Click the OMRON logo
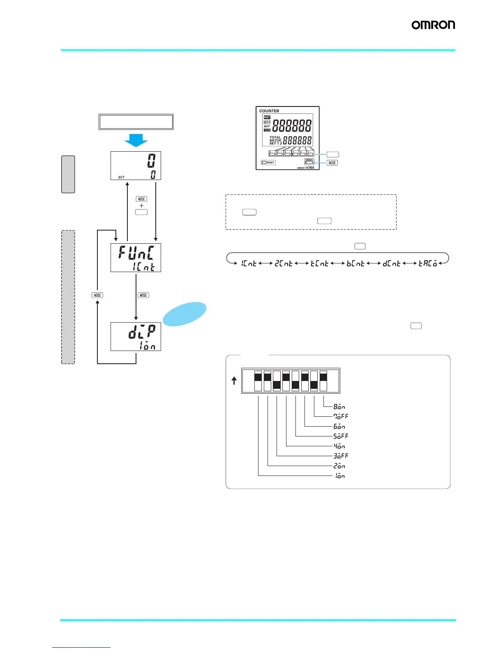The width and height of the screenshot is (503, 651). (433, 25)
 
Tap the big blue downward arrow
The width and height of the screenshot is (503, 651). (136, 140)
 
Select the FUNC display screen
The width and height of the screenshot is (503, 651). (136, 258)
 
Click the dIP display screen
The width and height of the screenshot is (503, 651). (136, 337)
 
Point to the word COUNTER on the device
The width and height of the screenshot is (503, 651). (269, 111)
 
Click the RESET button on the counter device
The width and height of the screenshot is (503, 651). (268, 162)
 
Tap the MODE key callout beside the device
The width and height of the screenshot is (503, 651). (332, 163)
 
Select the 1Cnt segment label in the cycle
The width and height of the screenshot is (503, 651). (249, 263)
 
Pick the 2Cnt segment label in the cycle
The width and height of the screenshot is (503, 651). (284, 263)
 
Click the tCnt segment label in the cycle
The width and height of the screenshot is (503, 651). (319, 263)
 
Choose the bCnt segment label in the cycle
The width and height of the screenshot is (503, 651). (355, 263)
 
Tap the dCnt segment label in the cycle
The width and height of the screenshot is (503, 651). (391, 263)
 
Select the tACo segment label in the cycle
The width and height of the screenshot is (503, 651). (427, 263)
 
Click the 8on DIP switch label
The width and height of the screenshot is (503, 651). (339, 407)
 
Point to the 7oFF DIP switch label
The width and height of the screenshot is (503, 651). (341, 416)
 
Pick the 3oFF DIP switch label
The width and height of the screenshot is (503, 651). (341, 456)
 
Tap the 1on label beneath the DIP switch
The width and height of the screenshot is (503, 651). (339, 476)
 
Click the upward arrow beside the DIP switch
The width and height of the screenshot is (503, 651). (234, 381)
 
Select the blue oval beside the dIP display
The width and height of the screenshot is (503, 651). (185, 314)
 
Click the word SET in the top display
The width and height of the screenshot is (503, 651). (121, 177)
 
